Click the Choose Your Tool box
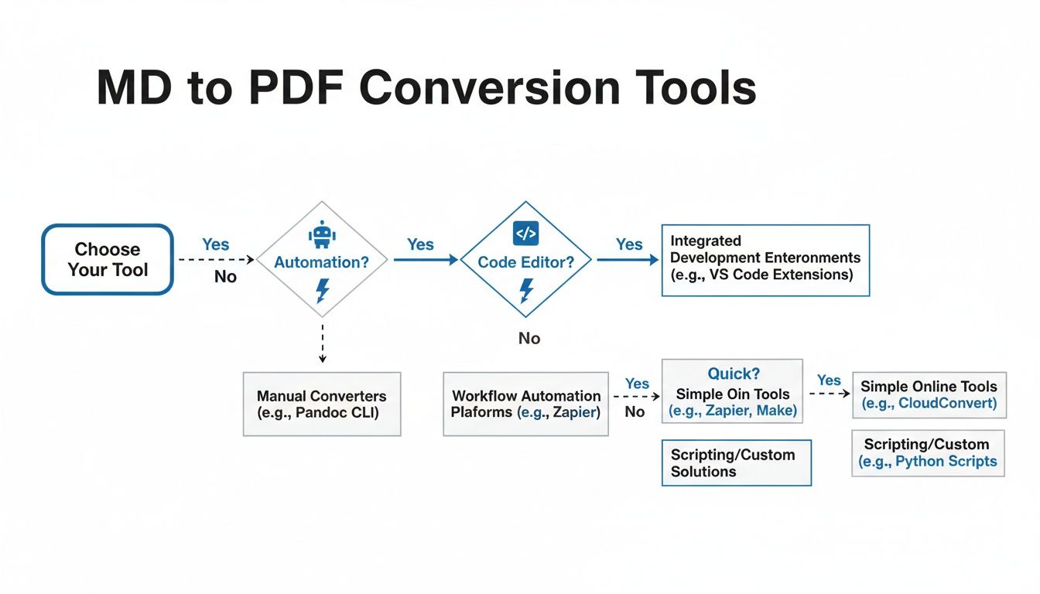(107, 260)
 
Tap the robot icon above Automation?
(320, 234)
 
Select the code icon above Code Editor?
(525, 232)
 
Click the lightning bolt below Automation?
(323, 290)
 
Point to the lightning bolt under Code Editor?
(526, 290)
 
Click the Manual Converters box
(322, 405)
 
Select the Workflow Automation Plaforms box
(525, 405)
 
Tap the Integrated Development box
(765, 261)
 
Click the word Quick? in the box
(733, 374)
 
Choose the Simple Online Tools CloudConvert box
(929, 395)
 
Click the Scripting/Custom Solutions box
(736, 463)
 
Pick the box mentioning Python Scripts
(928, 453)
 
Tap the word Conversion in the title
(489, 88)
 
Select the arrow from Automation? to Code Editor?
(425, 261)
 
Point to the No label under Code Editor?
(529, 339)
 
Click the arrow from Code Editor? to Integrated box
(627, 261)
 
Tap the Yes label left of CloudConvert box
(829, 381)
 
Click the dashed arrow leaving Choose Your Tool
(216, 261)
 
